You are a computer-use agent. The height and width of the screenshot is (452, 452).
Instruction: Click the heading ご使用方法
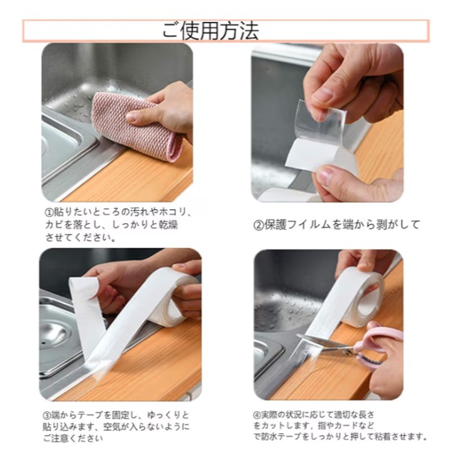[x=211, y=31]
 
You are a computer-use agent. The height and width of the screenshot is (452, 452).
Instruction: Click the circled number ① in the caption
[x=49, y=212]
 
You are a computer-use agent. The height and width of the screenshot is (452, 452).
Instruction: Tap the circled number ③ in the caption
[x=47, y=416]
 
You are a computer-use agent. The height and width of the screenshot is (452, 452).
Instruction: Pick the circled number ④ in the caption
[x=257, y=415]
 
